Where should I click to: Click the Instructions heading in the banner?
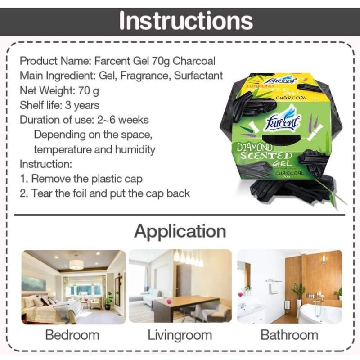pos(186,21)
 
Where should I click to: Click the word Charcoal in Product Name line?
pos(194,61)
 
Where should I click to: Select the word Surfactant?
pos(198,76)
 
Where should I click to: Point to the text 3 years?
pos(82,106)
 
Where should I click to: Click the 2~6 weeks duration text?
pos(123,120)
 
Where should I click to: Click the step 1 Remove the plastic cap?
pos(81,179)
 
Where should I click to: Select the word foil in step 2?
pos(78,193)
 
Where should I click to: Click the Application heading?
pos(180,231)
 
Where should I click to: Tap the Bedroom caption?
pos(72,335)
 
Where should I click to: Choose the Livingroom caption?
pos(180,335)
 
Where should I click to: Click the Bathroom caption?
pos(289,335)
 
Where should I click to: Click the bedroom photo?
pos(73,287)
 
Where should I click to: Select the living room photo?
pos(180,286)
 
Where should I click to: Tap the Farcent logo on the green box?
pos(283,119)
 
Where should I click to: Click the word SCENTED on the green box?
pos(266,156)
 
